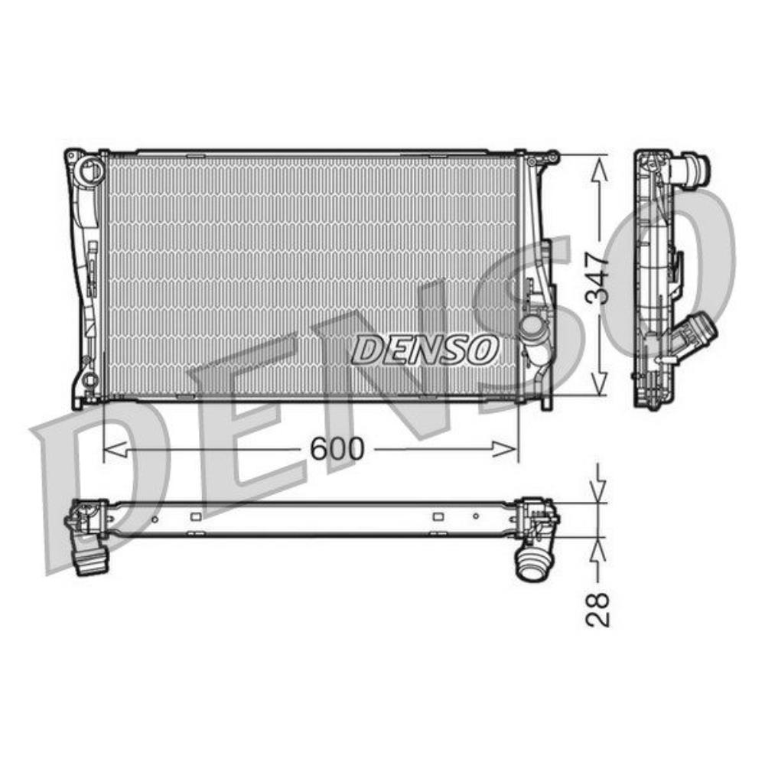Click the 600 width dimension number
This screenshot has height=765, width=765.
click(x=337, y=449)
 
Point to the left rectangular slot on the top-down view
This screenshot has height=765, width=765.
click(x=196, y=516)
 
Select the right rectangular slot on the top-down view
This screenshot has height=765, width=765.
click(x=438, y=516)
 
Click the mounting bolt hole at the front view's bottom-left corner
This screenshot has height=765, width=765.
click(x=90, y=379)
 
